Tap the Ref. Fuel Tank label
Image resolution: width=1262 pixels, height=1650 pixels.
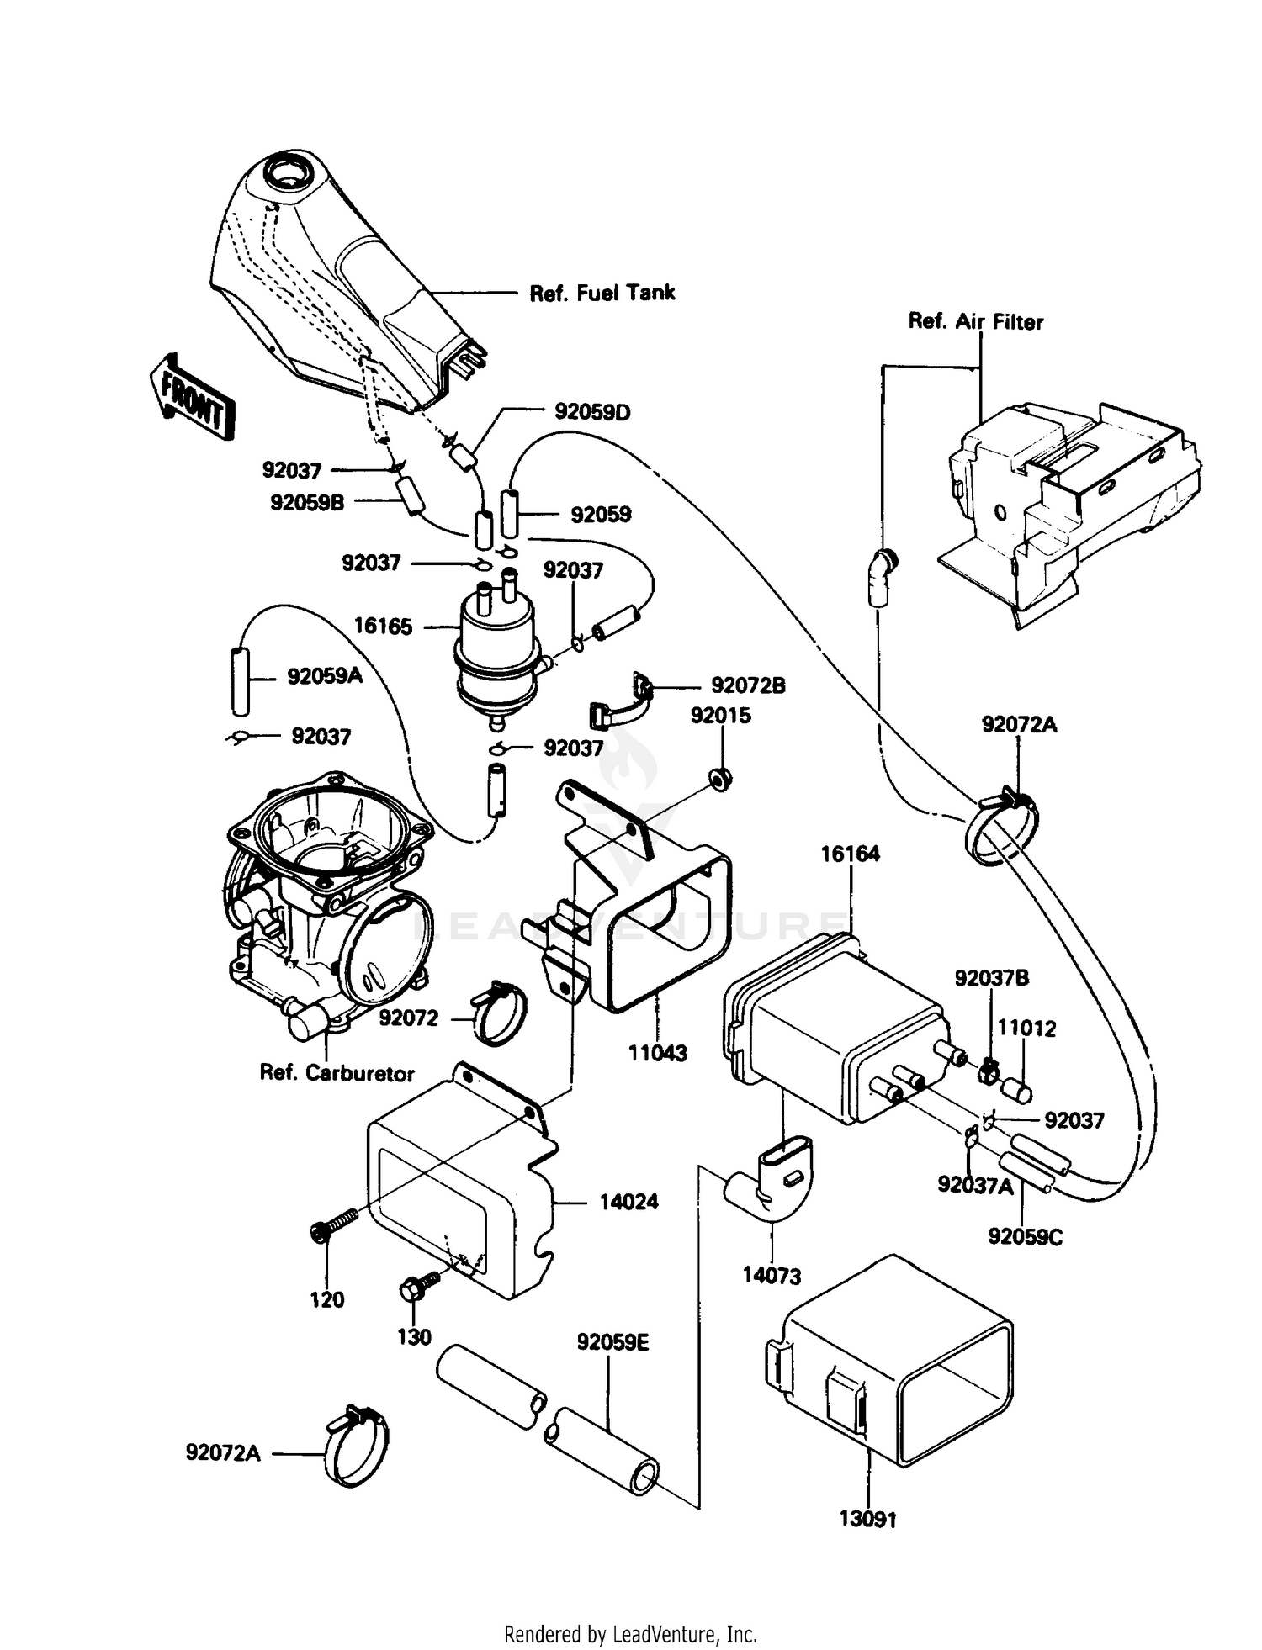(x=602, y=293)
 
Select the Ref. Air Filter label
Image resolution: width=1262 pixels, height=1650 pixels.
(x=975, y=321)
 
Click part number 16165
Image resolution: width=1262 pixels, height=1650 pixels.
(x=383, y=626)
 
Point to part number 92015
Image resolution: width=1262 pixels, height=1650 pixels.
(x=720, y=715)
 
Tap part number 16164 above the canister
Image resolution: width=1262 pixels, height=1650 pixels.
(x=850, y=854)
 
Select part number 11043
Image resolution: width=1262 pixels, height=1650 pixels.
(x=658, y=1052)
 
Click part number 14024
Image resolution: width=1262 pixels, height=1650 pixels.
(x=628, y=1202)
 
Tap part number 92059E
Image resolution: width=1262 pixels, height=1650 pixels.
(x=612, y=1342)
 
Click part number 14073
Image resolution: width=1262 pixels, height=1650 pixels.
(x=772, y=1276)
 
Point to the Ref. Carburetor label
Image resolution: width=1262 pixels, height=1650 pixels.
(x=337, y=1073)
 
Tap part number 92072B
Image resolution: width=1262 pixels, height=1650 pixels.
(x=748, y=685)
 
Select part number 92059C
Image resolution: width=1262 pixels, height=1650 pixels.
(x=1025, y=1236)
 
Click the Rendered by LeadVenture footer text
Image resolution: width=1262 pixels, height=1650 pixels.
(x=630, y=1634)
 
